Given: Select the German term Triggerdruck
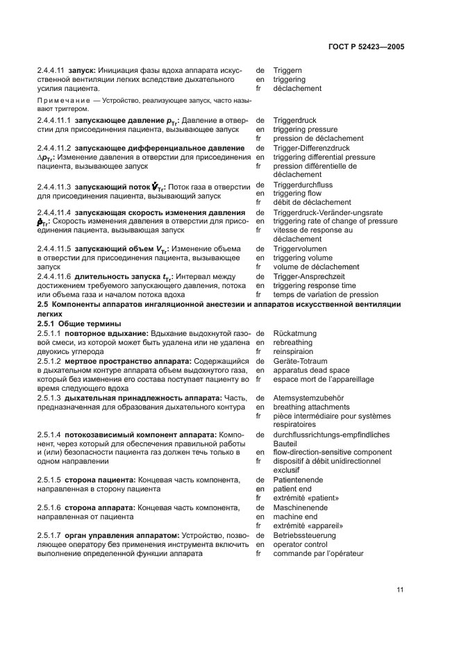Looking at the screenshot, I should point(295,121).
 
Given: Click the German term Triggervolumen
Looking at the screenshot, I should point(299,248).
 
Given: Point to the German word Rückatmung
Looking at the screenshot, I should point(294,333).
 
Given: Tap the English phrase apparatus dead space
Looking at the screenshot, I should point(311,371).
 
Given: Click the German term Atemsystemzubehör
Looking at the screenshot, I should point(308,398).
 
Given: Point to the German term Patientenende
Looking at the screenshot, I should point(299,480).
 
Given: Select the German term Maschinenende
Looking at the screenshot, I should point(300,507).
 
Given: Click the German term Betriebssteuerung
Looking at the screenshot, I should point(305,535).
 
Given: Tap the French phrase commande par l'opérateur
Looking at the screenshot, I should point(318,553).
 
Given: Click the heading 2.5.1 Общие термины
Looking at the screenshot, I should point(78,323).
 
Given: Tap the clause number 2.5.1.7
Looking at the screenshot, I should point(49,535).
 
